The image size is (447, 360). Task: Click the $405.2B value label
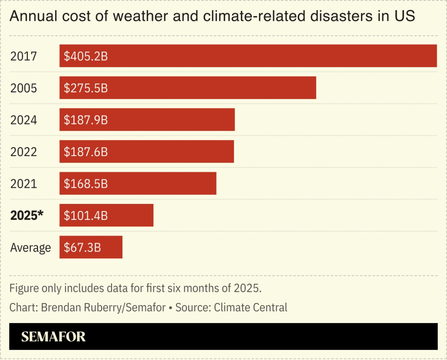click(85, 56)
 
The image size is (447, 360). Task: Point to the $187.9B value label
click(85, 120)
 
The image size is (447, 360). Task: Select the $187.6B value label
click(85, 152)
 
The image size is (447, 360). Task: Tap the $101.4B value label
click(85, 216)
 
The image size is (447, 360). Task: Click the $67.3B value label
click(82, 247)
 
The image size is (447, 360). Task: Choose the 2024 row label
click(24, 120)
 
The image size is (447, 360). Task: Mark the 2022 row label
click(24, 152)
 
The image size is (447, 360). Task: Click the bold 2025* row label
click(26, 216)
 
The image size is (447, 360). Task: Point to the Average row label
click(30, 247)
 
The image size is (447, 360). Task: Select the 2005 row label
click(24, 88)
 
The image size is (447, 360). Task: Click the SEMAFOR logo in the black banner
click(53, 337)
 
